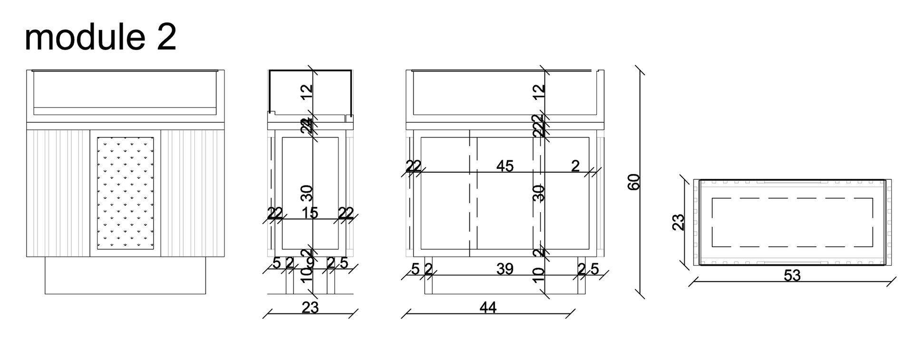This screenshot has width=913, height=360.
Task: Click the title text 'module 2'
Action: point(100,38)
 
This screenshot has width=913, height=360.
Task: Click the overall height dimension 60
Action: point(634,182)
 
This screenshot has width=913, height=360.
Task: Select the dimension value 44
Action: point(488,308)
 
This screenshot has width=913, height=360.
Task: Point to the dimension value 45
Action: point(505,166)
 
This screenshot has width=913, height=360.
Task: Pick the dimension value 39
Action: point(505,269)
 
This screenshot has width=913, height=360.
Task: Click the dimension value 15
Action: point(310,213)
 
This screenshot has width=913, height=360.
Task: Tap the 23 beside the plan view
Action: point(679,222)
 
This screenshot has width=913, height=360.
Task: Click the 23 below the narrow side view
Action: point(310,308)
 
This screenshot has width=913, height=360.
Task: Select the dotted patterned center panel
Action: point(125,193)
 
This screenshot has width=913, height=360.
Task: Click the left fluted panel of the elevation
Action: point(58,193)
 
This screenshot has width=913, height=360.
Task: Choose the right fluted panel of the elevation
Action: point(193,193)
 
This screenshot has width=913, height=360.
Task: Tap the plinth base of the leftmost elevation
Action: point(125,276)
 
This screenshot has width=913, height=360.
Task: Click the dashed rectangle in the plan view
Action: point(792,222)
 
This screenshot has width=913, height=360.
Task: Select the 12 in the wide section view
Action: point(538,91)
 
